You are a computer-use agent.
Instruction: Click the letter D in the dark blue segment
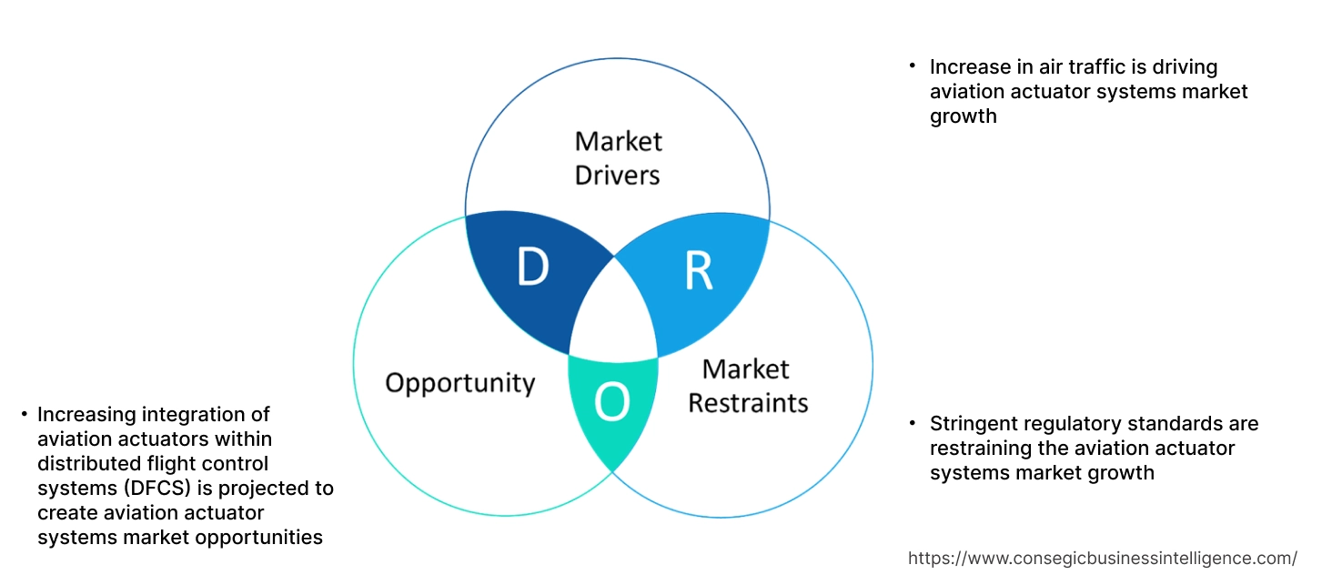coord(532,267)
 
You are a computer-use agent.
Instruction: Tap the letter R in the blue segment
coord(698,272)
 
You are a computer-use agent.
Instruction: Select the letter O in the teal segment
coord(611,404)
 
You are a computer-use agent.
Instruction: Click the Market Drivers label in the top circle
coord(618,157)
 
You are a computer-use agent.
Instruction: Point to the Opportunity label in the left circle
coord(459,382)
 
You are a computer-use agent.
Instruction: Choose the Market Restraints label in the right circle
coord(747,385)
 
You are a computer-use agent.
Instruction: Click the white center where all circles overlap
coord(613,318)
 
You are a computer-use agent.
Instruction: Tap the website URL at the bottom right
coord(1103,558)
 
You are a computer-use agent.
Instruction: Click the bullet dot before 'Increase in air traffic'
coord(913,67)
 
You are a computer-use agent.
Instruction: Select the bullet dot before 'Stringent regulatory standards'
coord(913,424)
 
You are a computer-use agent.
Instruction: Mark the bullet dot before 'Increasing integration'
coord(24,415)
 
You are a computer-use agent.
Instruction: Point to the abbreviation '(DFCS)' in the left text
coord(127,489)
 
